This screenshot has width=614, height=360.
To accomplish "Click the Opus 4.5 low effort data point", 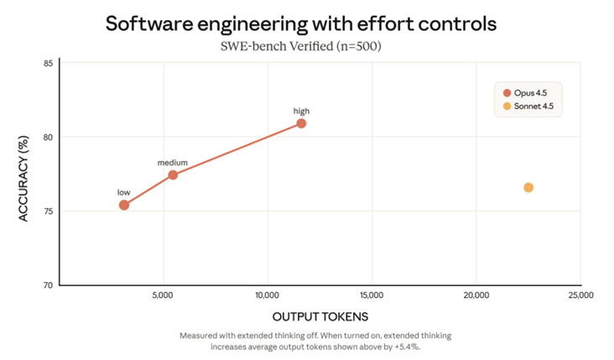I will click(x=124, y=205).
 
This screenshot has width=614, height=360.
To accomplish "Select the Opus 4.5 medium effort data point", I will click(x=173, y=175).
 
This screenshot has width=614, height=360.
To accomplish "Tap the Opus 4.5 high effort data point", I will click(x=301, y=123).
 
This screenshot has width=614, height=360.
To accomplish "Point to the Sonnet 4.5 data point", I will click(x=528, y=187).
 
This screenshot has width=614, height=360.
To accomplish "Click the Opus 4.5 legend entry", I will click(x=528, y=92).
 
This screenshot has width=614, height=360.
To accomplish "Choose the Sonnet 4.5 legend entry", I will click(x=528, y=107).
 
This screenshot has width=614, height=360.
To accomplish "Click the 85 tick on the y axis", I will click(x=49, y=64).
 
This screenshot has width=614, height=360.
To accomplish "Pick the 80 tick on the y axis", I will click(x=49, y=137).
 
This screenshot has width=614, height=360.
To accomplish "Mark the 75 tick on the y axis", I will click(x=49, y=211).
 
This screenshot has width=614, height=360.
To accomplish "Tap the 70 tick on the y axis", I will click(x=49, y=284).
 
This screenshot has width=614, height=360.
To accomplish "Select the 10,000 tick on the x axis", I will click(x=267, y=295).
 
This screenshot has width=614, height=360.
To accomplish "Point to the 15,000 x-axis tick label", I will click(x=372, y=295).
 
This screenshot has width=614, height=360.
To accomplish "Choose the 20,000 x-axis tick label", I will click(x=476, y=295).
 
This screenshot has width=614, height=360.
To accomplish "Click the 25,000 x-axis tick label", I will click(x=580, y=295).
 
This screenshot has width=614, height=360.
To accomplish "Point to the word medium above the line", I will click(x=173, y=162).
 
